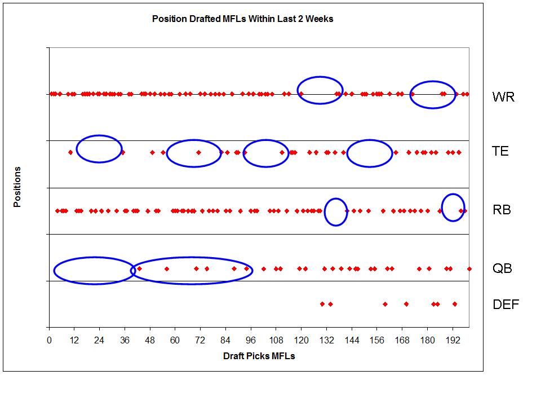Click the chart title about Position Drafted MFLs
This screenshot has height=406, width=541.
(x=242, y=19)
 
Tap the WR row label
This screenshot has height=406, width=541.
(x=503, y=97)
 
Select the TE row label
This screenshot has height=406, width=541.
(x=500, y=151)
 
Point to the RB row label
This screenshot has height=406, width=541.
(x=502, y=210)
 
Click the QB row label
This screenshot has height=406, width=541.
(x=502, y=268)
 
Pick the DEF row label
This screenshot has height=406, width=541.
(x=505, y=305)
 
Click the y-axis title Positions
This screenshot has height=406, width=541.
(x=17, y=187)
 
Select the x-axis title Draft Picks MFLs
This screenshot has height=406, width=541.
(x=259, y=356)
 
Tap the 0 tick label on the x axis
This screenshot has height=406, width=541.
(x=50, y=340)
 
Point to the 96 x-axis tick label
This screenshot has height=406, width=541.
(x=251, y=340)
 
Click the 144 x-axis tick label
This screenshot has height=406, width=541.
(x=352, y=340)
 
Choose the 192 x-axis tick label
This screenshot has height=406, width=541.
(x=453, y=340)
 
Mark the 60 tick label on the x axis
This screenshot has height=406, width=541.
(x=175, y=340)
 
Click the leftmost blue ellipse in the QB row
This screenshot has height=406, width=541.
(x=94, y=270)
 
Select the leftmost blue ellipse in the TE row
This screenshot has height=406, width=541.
(x=99, y=149)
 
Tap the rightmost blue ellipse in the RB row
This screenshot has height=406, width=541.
(x=453, y=208)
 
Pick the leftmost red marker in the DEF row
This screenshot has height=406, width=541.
(x=322, y=304)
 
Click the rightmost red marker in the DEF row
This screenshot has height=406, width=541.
(x=455, y=304)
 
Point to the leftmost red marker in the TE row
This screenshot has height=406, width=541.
(x=70, y=152)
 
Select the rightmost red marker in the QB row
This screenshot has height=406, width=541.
(x=469, y=269)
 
